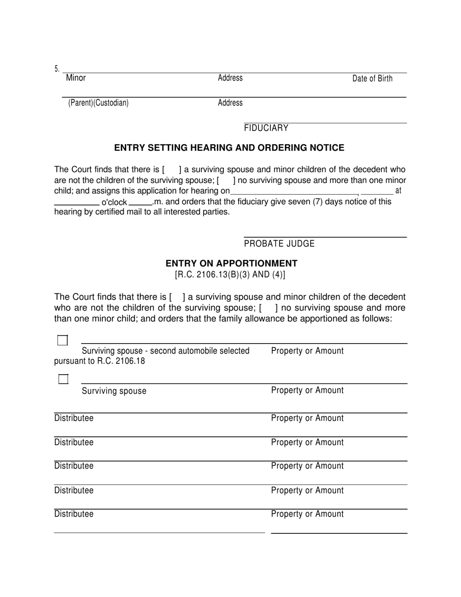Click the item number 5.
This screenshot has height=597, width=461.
(56, 69)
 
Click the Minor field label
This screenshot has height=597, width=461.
(76, 78)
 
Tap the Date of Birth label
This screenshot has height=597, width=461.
(372, 79)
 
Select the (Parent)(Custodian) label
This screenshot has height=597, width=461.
(98, 103)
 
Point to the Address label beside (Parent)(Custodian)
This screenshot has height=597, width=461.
(230, 103)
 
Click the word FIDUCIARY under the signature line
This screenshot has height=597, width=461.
(266, 128)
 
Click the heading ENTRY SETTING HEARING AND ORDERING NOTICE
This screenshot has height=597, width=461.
(229, 148)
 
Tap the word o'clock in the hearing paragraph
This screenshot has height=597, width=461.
(114, 202)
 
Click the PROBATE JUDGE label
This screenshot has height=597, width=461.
(279, 244)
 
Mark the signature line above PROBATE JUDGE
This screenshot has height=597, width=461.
(325, 237)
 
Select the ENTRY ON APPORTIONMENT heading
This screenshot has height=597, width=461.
(231, 264)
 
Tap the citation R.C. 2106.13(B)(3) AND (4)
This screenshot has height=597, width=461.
(230, 275)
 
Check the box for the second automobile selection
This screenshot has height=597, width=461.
(63, 340)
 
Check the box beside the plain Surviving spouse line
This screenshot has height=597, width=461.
(63, 379)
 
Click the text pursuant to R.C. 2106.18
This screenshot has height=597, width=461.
(99, 361)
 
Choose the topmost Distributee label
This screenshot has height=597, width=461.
(74, 418)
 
